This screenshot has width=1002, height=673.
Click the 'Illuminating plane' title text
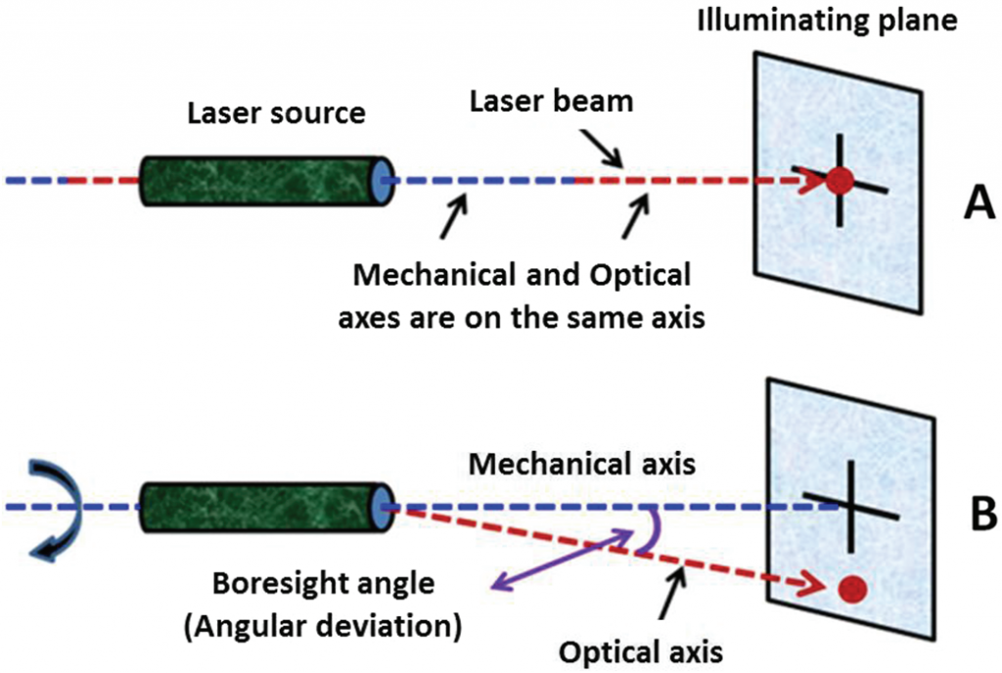(x=825, y=21)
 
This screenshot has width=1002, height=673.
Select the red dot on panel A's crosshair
(x=839, y=180)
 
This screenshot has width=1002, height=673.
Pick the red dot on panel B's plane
(x=852, y=588)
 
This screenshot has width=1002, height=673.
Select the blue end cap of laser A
(x=381, y=180)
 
